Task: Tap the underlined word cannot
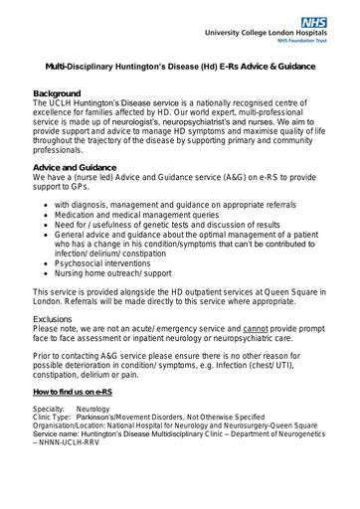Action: point(256,328)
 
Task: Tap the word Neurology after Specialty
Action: point(91,409)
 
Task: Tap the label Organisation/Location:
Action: point(73,424)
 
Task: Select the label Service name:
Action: point(59,432)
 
